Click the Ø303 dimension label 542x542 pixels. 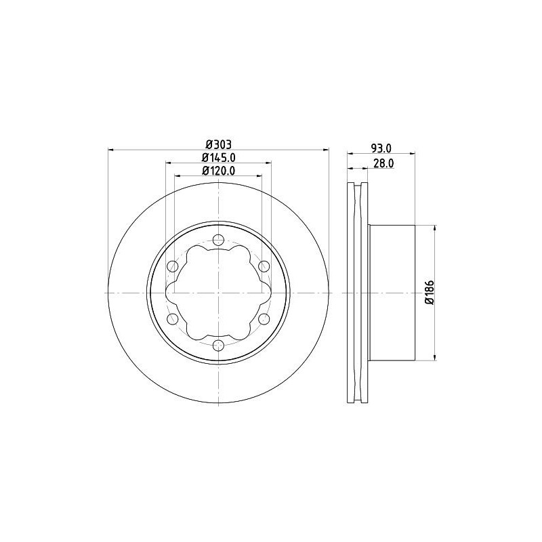pos(218,144)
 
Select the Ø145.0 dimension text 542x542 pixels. pos(218,158)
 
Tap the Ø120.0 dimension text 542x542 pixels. pos(218,171)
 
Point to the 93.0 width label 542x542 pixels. pos(381,148)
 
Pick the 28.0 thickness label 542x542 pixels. pos(383,163)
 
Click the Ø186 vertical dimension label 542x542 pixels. pos(430,293)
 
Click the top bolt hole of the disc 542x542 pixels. pos(218,240)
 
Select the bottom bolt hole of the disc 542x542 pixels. pos(218,345)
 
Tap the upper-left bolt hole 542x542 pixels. pos(173,266)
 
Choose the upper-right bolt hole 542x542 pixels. pos(264,266)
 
